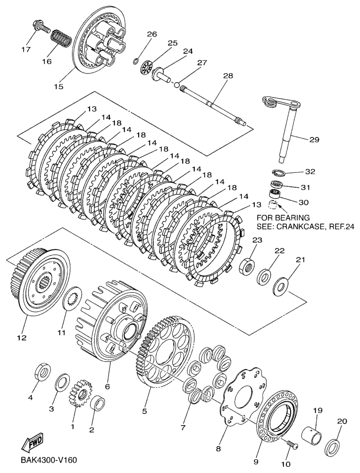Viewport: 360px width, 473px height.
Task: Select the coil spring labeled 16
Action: tap(60, 40)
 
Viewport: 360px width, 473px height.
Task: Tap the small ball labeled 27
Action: tap(176, 85)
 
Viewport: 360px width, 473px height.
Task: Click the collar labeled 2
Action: tap(97, 404)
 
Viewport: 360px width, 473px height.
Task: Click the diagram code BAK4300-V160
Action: tap(49, 460)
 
